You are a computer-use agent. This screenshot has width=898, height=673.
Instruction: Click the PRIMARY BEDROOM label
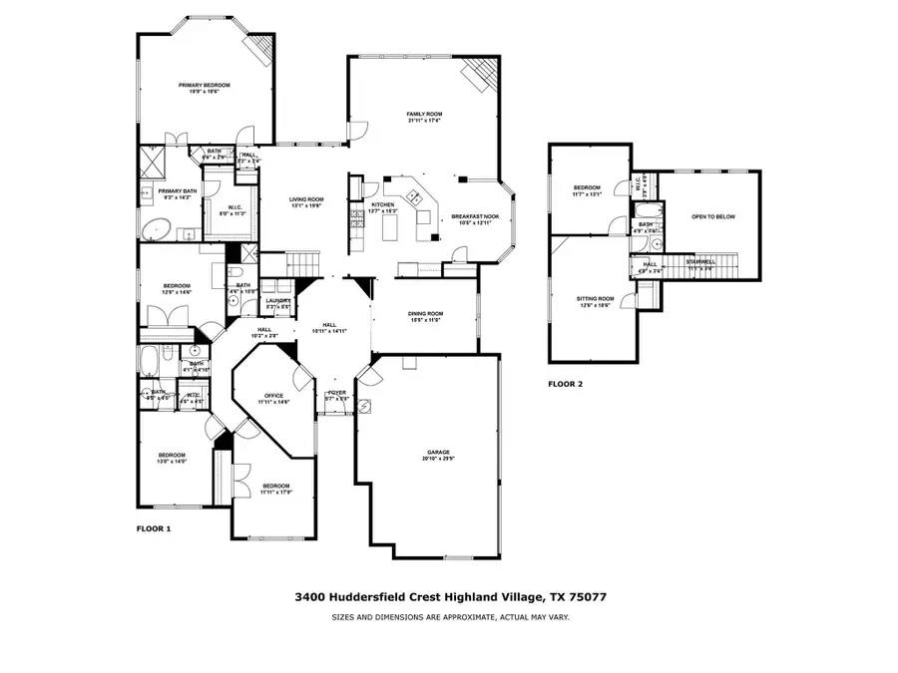pyautogui.click(x=204, y=86)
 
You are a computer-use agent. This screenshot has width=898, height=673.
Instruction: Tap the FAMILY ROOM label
pyautogui.click(x=424, y=115)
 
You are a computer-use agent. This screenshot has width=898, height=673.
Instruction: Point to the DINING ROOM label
pyautogui.click(x=425, y=314)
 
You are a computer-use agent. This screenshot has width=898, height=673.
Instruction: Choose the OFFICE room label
pyautogui.click(x=273, y=396)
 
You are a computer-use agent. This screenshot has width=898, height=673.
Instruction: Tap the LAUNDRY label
pyautogui.click(x=277, y=300)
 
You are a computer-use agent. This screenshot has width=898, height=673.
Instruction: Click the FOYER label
pyautogui.click(x=337, y=393)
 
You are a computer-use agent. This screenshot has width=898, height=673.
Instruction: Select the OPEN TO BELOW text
pyautogui.click(x=713, y=216)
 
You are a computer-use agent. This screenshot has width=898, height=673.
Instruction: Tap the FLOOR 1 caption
pyautogui.click(x=154, y=528)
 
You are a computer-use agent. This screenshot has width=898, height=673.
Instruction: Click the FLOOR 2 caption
pyautogui.click(x=566, y=383)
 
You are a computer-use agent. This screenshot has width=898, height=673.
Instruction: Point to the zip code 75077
pyautogui.click(x=586, y=597)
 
